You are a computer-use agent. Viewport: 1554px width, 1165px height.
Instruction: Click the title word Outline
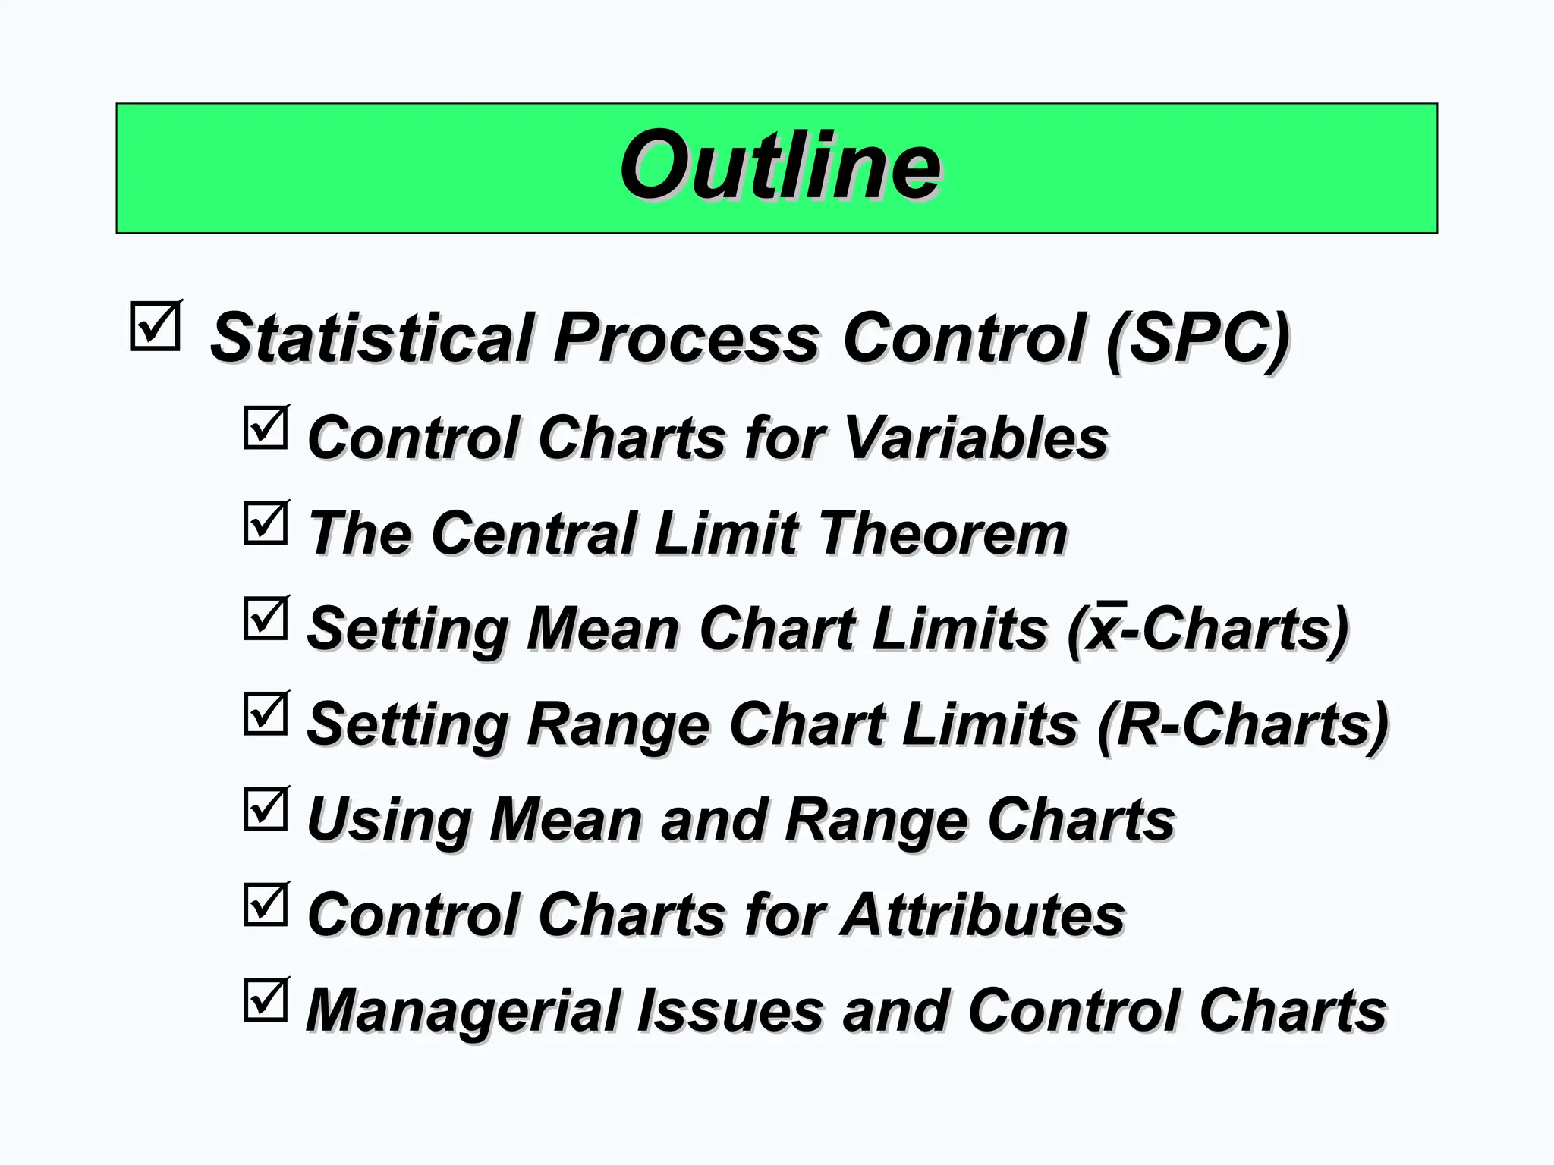780,165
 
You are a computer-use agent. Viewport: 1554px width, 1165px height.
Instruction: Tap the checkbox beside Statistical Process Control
156,327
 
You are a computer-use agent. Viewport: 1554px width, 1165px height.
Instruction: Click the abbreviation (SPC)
1197,338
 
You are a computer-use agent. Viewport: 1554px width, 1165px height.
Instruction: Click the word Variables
976,438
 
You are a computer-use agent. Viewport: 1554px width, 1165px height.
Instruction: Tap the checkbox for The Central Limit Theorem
266,523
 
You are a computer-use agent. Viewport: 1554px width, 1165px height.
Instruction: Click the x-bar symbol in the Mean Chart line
1103,628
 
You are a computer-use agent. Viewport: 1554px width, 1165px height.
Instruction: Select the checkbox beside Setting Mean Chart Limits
266,619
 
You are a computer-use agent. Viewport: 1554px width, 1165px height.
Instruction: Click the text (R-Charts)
1243,724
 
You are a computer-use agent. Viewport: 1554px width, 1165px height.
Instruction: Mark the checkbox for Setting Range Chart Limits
266,714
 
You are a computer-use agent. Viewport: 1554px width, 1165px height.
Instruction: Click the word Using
388,821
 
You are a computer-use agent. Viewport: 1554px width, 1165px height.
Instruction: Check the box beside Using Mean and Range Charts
266,809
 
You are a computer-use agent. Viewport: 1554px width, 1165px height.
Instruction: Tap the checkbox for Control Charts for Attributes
266,905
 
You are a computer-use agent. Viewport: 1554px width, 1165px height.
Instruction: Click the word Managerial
463,1011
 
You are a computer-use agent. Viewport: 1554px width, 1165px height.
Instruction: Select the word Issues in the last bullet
730,1010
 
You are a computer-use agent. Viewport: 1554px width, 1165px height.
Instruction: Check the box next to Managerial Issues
266,1000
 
